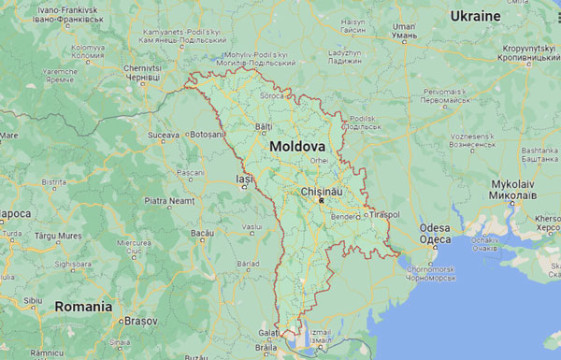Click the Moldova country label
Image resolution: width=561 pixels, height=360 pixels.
(297, 148)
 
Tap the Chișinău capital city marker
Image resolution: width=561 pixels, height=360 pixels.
(321, 201)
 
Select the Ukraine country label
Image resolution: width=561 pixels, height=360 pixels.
(502, 16)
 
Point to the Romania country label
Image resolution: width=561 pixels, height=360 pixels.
(84, 306)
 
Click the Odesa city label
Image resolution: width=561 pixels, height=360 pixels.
(435, 227)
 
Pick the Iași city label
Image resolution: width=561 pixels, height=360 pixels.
(245, 179)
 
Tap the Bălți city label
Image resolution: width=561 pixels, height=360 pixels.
(263, 126)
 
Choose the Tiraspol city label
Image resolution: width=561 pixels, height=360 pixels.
(383, 215)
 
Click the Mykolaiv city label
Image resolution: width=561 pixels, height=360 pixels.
(514, 185)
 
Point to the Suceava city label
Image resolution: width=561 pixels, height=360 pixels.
(163, 136)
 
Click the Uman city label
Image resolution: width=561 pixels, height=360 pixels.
(403, 27)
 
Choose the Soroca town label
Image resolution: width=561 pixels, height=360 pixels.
(272, 96)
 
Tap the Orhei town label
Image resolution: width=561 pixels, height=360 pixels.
(320, 160)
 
